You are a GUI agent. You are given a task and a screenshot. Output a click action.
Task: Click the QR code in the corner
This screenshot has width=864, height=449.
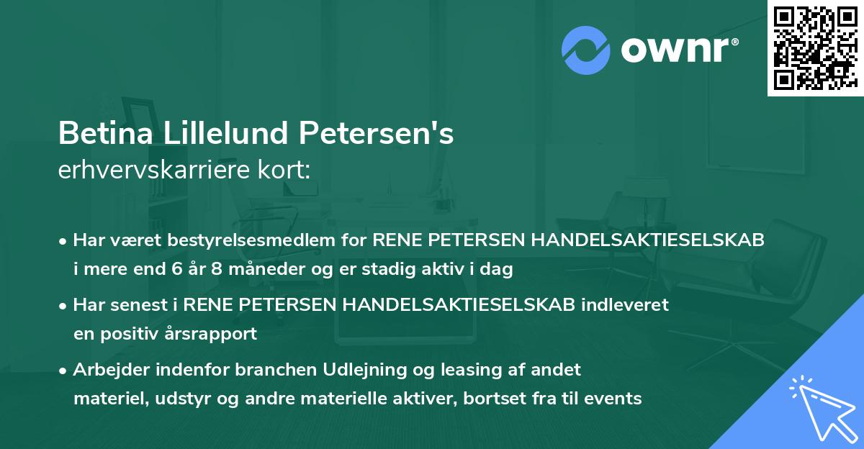(x=816, y=47)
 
